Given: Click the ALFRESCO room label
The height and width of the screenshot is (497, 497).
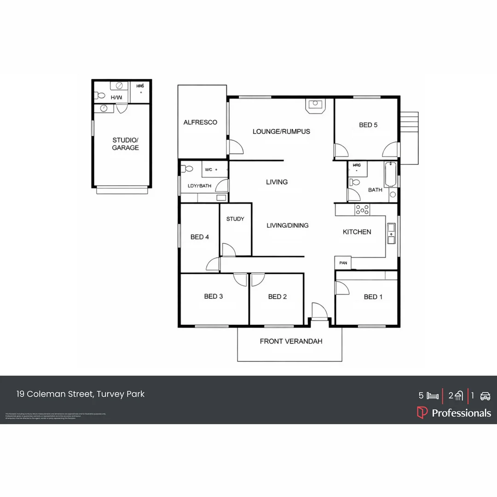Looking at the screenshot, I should tap(200, 122).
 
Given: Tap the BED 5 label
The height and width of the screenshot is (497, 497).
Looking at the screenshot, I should tap(368, 125).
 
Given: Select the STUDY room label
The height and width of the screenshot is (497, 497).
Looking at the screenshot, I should tap(235, 219).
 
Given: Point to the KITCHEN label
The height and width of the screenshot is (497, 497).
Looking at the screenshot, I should tap(357, 232).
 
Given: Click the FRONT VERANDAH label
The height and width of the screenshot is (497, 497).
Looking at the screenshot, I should tap(291, 341).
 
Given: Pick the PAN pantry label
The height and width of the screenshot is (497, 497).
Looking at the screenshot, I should tap(343, 263).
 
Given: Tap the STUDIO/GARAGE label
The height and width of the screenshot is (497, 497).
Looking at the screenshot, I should tap(125, 144).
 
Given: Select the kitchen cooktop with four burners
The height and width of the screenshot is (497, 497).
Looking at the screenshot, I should tap(362, 209).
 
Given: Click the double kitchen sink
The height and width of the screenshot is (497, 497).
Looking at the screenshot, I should tap(391, 232).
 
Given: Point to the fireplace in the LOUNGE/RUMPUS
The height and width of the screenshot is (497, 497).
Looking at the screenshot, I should tap(316, 105).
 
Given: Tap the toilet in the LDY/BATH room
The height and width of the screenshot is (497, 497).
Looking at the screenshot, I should tap(186, 168).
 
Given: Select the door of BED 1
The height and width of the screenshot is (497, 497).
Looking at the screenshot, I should tap(342, 288).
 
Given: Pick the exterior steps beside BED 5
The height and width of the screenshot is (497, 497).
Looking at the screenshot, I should tap(409, 137).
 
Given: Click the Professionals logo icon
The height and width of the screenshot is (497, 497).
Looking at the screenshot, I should tap(422, 412).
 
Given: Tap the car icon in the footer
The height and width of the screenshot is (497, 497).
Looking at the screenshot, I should tap(485, 396).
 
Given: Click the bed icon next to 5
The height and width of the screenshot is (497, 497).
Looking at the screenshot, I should tap(432, 396).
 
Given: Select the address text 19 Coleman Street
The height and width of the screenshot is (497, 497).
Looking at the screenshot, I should tap(81, 394).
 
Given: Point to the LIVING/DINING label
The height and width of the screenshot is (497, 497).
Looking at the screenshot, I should tap(288, 225).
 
